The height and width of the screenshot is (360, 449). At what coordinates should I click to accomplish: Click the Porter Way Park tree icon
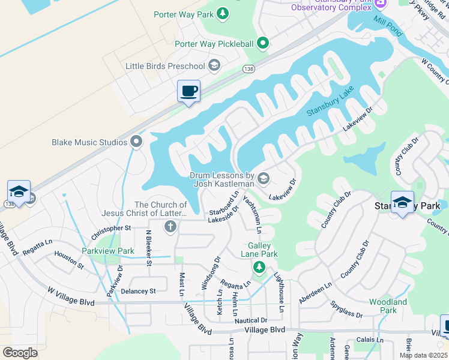[x=223, y=13]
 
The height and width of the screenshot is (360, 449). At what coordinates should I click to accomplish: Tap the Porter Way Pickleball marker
[x=262, y=43]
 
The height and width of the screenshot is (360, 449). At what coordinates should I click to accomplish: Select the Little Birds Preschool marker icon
[x=214, y=65]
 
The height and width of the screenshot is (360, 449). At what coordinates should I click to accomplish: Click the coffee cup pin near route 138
[x=189, y=91]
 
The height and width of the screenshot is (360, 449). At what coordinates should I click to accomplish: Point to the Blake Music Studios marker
[x=136, y=142]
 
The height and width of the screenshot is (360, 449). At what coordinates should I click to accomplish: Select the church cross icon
[x=170, y=226]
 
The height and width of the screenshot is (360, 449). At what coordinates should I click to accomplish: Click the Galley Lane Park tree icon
[x=259, y=266]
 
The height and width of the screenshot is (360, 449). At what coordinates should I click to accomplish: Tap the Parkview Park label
[x=108, y=251]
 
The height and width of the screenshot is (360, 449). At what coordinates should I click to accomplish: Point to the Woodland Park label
[x=388, y=306]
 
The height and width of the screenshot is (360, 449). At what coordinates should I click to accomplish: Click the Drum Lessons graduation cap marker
[x=264, y=178]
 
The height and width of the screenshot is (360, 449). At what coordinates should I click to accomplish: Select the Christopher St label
[x=111, y=229]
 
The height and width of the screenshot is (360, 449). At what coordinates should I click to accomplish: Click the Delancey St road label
[x=139, y=291]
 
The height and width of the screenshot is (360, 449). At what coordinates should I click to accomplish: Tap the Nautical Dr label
[x=250, y=321]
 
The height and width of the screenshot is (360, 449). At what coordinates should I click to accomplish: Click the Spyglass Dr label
[x=346, y=310]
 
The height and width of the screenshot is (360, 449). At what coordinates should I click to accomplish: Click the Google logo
[x=20, y=353]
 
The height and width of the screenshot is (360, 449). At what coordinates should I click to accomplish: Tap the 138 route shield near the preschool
[x=248, y=69]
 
